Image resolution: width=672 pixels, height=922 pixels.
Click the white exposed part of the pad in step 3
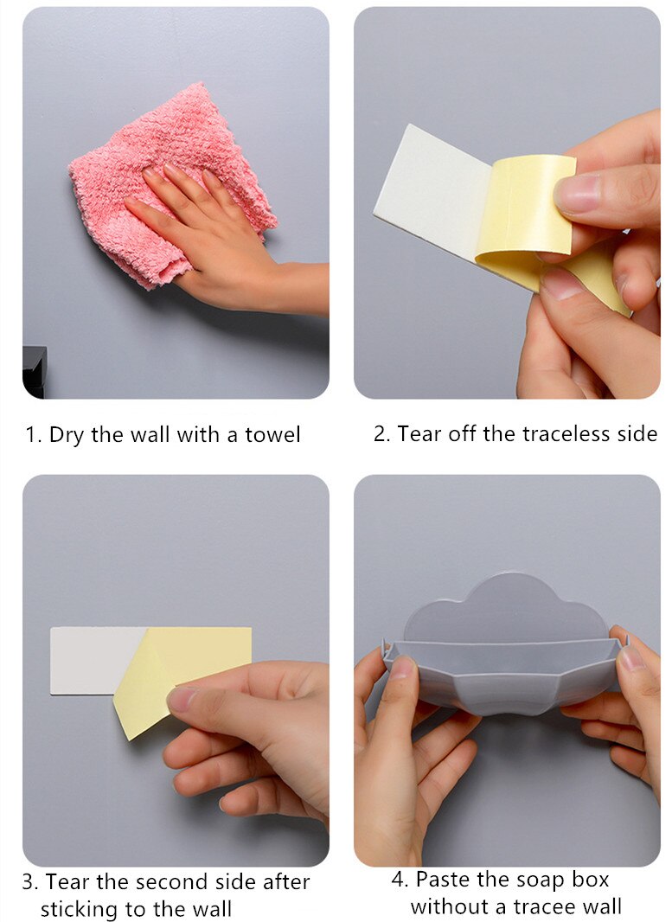86,659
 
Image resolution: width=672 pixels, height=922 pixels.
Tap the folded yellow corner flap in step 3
143,692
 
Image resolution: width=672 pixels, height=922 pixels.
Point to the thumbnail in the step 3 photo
184,697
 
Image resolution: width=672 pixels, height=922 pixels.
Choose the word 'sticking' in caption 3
80,909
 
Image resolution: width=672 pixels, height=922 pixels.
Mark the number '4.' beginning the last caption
400,880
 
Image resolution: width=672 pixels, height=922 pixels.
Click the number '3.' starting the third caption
30,882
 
